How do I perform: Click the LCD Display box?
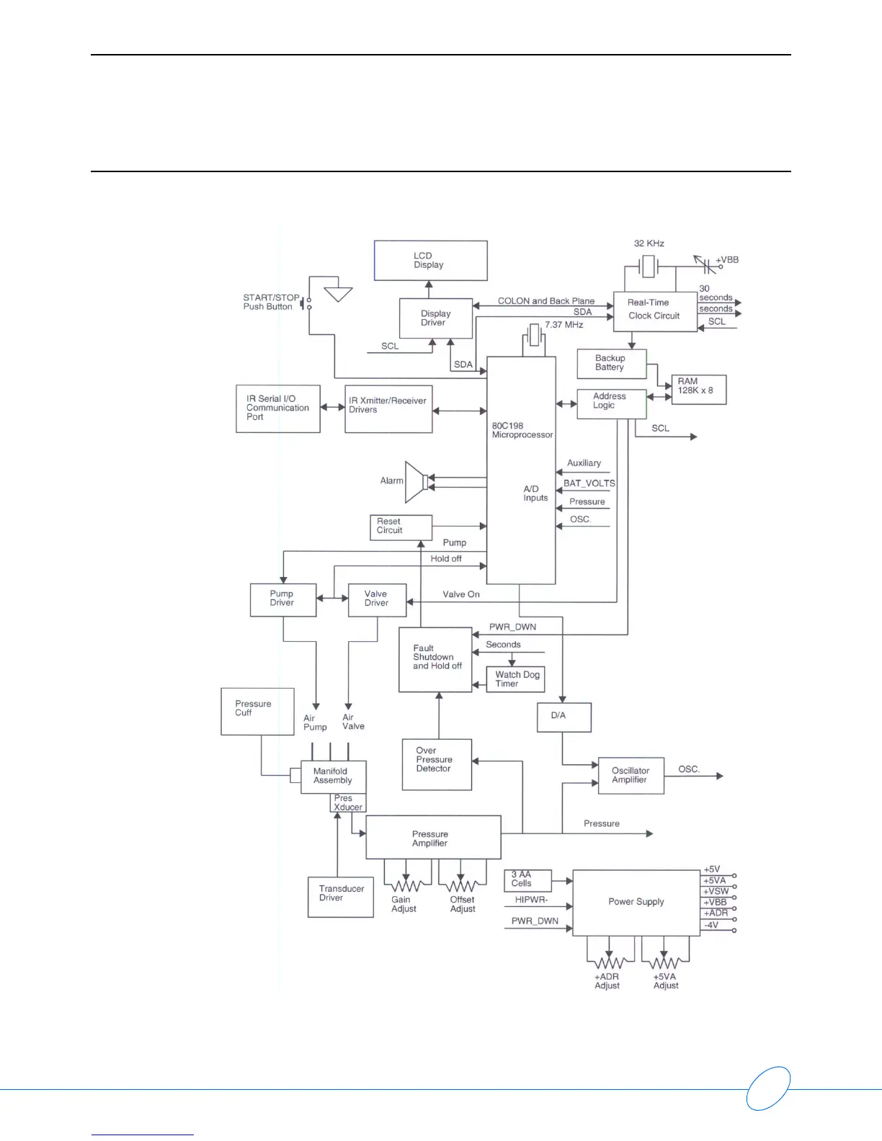pyautogui.click(x=430, y=260)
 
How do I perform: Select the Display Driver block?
pyautogui.click(x=435, y=318)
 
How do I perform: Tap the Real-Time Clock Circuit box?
pyautogui.click(x=654, y=310)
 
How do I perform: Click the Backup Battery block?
pyautogui.click(x=611, y=364)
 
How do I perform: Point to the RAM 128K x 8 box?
pyautogui.click(x=698, y=390)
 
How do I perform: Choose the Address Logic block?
pyautogui.click(x=611, y=403)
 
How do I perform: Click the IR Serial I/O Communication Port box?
pyautogui.click(x=277, y=408)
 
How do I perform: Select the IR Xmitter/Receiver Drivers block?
pyautogui.click(x=388, y=408)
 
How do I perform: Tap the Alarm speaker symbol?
pyautogui.click(x=416, y=481)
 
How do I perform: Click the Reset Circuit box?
pyautogui.click(x=400, y=527)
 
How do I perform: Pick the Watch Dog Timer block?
pyautogui.click(x=515, y=679)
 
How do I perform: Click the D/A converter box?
pyautogui.click(x=563, y=717)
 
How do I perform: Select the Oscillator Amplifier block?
pyautogui.click(x=631, y=776)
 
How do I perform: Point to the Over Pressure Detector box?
pyautogui.click(x=437, y=764)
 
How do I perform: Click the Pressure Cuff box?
pyautogui.click(x=257, y=711)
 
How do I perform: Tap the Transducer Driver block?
pyautogui.click(x=340, y=896)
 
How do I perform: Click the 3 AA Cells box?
pyautogui.click(x=527, y=880)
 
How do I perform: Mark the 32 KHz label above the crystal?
pyautogui.click(x=649, y=243)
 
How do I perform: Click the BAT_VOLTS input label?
pyautogui.click(x=589, y=483)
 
